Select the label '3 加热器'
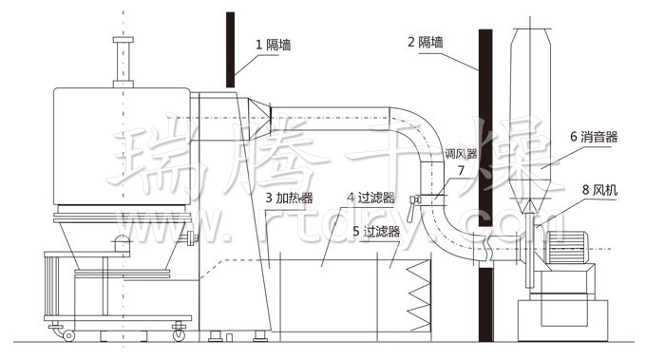coord(290,199)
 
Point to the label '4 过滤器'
coord(371,199)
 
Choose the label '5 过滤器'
coord(376,231)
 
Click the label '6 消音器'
coord(594,138)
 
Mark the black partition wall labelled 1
coord(231,47)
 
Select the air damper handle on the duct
coord(414,200)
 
